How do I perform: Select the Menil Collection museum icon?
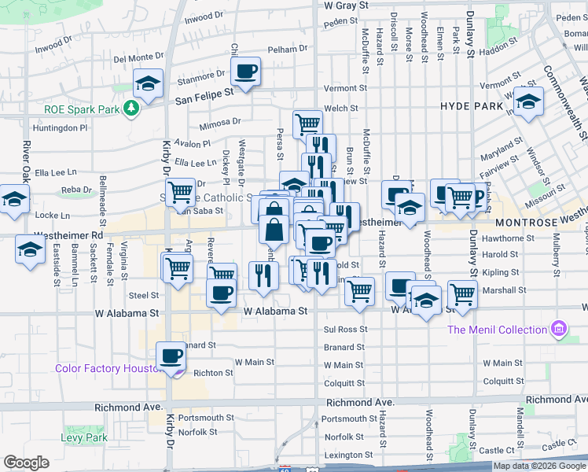tap(559, 328)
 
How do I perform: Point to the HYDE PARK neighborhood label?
tap(471, 105)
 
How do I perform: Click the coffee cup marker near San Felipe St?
tap(245, 73)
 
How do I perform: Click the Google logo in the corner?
tap(26, 463)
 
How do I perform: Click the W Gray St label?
tap(341, 6)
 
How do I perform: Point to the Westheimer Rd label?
tap(69, 235)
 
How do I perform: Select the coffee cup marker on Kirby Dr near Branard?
tap(171, 356)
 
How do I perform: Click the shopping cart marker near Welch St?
tap(307, 124)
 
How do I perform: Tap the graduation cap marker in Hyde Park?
tap(529, 101)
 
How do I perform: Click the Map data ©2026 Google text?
tap(538, 466)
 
